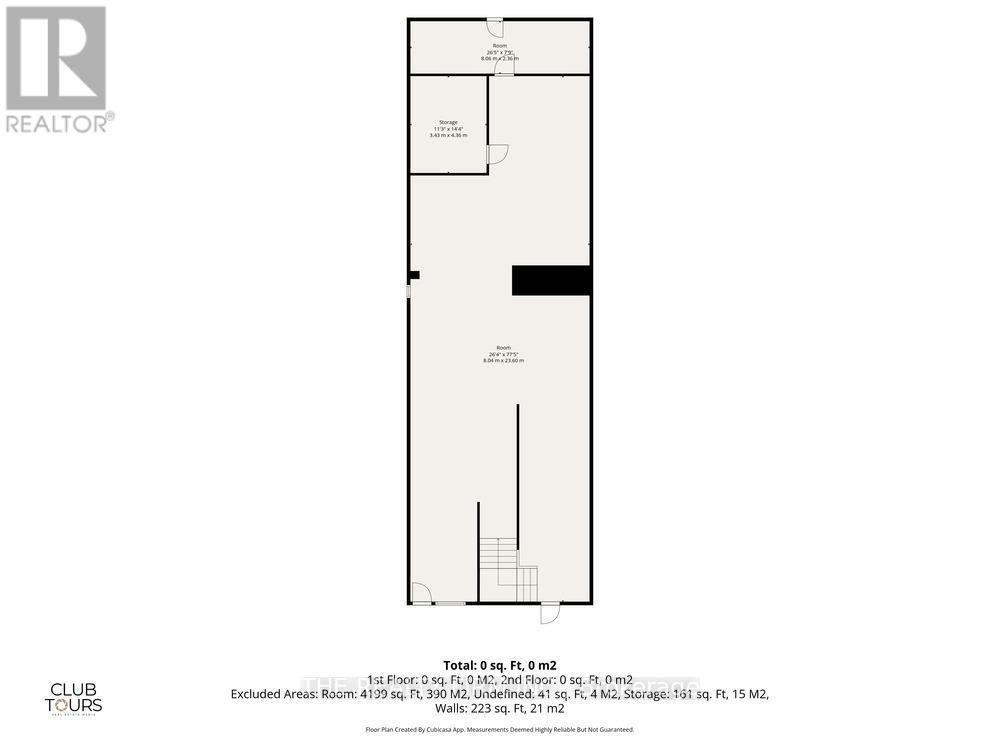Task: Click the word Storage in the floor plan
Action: pos(447,122)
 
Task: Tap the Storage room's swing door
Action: pos(497,153)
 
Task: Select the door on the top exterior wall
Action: pos(495,25)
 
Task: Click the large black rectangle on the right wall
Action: pos(551,280)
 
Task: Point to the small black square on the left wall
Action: pos(414,275)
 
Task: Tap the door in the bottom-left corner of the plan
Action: pos(421,594)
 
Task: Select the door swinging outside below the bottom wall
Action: pos(550,612)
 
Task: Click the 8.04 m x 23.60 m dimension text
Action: pos(503,360)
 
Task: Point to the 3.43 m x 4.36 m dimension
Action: pos(447,135)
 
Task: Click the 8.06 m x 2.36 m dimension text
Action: pos(500,58)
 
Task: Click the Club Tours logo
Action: pos(77,697)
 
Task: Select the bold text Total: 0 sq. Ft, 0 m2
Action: pos(500,665)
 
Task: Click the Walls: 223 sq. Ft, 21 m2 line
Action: pos(500,708)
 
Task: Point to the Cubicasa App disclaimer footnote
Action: pos(500,729)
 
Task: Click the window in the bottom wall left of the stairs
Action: pos(450,603)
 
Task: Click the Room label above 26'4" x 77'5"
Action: pos(503,347)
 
